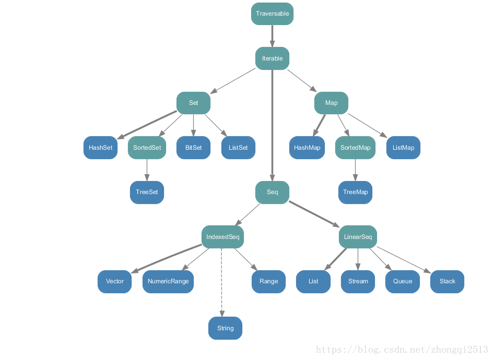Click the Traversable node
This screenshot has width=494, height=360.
[x=272, y=14]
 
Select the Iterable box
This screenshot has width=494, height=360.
[x=272, y=58]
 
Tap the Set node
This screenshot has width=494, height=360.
[x=193, y=103]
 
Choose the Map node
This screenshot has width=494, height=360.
[x=331, y=103]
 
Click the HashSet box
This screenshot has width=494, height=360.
[x=100, y=148]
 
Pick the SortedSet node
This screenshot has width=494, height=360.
[x=147, y=148]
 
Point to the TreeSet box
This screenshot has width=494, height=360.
[x=147, y=192]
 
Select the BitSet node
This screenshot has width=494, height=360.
[x=193, y=148]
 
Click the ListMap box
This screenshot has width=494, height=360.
[x=403, y=148]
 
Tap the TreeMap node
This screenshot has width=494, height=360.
[x=355, y=192]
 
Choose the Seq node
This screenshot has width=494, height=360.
[x=272, y=192]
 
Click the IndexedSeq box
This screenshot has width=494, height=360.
[x=222, y=237]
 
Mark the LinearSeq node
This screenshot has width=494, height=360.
[x=358, y=237]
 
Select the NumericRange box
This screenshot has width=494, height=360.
[x=168, y=281]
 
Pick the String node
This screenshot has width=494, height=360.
[x=225, y=328]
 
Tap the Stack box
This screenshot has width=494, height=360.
[x=447, y=281]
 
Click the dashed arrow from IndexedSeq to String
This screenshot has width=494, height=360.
[x=222, y=282]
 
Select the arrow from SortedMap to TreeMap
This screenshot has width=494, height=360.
[x=355, y=170]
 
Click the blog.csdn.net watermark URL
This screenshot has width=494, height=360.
[x=402, y=350]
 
